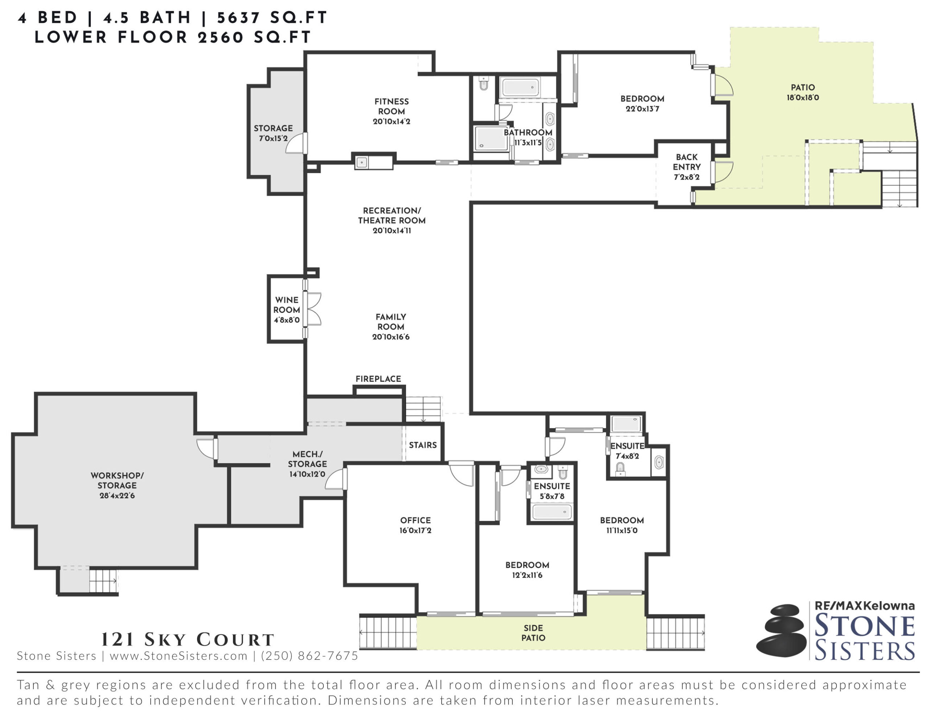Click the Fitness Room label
point(391,106)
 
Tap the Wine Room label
point(287,305)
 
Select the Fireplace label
point(378,379)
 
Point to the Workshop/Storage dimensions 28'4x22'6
point(117,495)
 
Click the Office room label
point(415,520)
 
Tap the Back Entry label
point(687,162)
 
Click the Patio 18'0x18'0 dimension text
point(803,98)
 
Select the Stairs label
point(423,445)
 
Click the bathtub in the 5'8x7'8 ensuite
point(552,511)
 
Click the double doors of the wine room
point(314,309)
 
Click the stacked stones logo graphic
point(781,630)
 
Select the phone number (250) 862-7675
point(309,656)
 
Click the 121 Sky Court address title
point(188,639)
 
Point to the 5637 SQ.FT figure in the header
point(272,17)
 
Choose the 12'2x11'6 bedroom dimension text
point(527,575)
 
